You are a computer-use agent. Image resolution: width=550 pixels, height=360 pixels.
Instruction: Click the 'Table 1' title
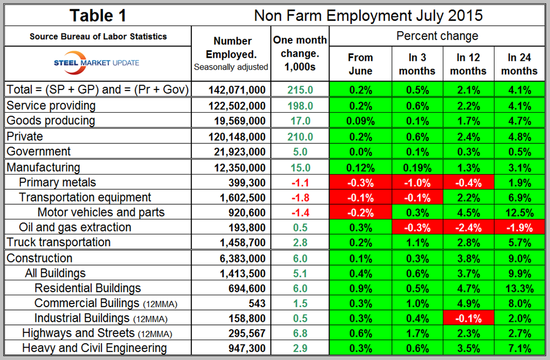(x=98, y=16)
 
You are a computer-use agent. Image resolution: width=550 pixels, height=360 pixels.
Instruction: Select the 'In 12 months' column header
(x=468, y=64)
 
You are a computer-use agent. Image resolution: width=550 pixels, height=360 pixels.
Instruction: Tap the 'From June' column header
(x=360, y=64)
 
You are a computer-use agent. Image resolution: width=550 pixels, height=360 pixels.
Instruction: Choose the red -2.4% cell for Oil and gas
(x=468, y=227)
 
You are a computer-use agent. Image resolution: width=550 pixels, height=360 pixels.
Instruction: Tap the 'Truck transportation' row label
(x=58, y=243)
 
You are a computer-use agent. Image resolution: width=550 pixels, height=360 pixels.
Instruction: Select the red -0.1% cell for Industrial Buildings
(x=468, y=318)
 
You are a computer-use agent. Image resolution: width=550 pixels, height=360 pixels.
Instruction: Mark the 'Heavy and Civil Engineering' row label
(x=94, y=348)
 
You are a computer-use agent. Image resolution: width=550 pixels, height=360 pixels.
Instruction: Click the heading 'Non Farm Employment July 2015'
(x=368, y=16)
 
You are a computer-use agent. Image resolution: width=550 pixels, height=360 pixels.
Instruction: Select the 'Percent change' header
(x=437, y=37)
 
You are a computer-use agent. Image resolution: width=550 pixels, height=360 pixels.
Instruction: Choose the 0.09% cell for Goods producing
(x=360, y=120)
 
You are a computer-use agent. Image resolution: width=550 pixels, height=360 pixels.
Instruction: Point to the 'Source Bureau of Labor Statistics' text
(x=98, y=37)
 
